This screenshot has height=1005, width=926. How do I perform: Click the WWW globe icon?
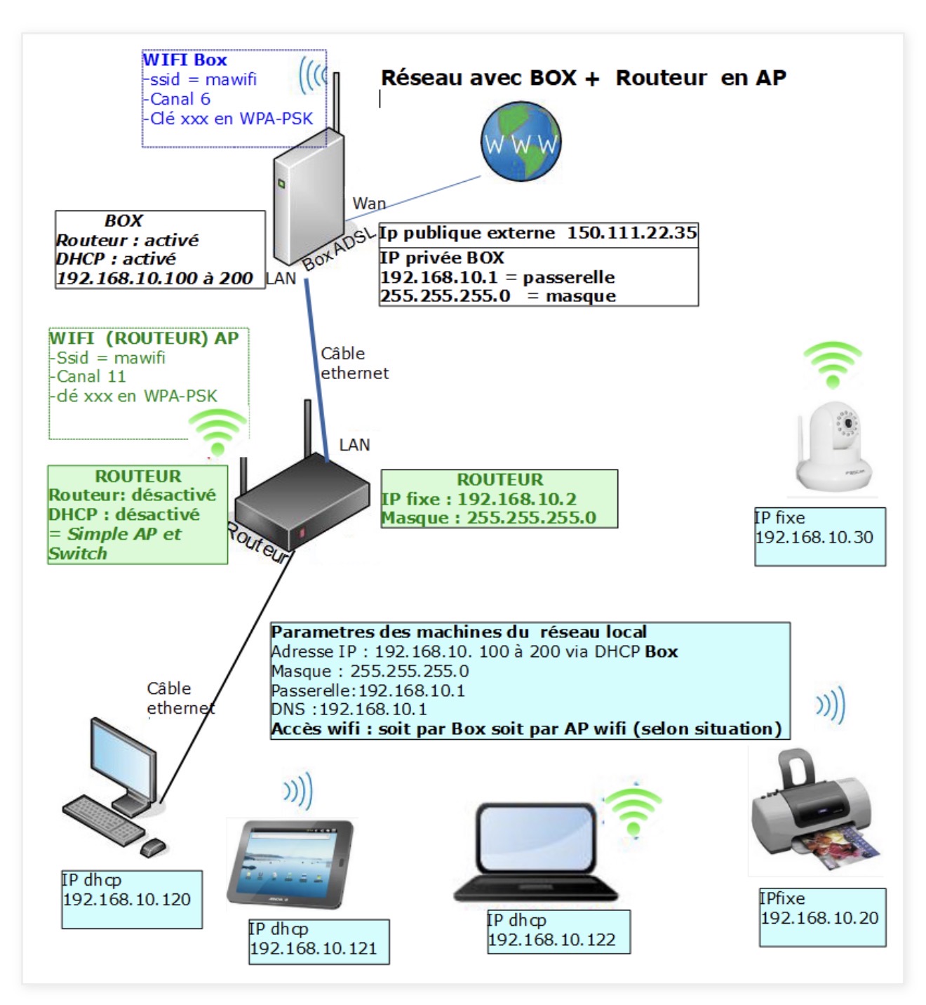(x=521, y=141)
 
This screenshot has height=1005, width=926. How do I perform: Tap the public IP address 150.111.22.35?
(x=631, y=233)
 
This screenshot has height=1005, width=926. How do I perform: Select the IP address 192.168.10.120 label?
(x=127, y=899)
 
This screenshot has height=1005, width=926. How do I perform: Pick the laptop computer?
(x=536, y=852)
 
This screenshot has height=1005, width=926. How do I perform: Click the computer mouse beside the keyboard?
(x=152, y=848)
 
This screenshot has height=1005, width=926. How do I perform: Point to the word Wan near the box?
(x=369, y=204)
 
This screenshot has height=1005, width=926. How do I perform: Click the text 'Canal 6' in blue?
(x=180, y=99)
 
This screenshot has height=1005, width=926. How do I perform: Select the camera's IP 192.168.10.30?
(x=814, y=538)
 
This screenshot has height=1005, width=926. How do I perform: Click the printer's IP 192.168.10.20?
(x=819, y=918)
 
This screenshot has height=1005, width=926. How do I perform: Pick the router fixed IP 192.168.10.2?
(x=516, y=499)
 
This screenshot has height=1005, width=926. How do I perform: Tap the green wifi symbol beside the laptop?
(x=633, y=811)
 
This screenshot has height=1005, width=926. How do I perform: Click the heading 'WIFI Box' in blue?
(x=185, y=60)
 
